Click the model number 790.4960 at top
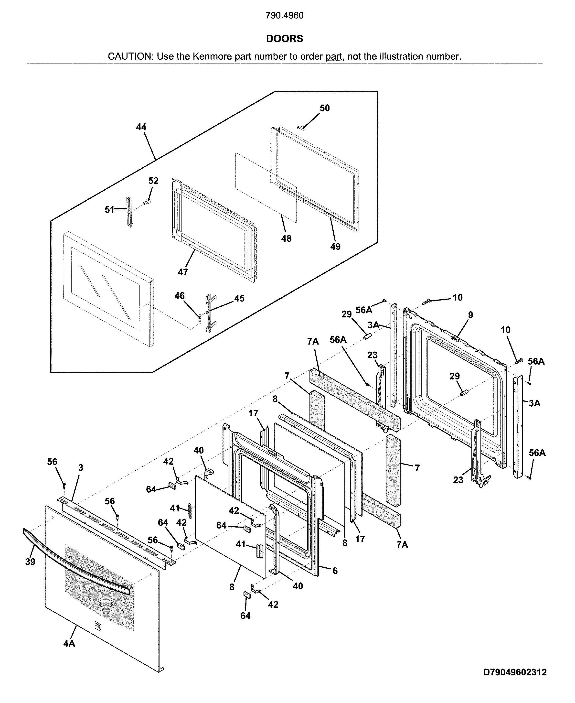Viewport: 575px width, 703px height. pyautogui.click(x=285, y=16)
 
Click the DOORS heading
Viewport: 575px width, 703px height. pyautogui.click(x=285, y=39)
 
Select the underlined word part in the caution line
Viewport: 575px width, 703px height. pyautogui.click(x=333, y=56)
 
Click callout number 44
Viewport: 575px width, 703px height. pyautogui.click(x=141, y=127)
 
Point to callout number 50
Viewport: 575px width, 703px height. pyautogui.click(x=325, y=108)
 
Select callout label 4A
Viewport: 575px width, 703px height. pyautogui.click(x=69, y=643)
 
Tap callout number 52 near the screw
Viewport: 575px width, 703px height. pyautogui.click(x=153, y=181)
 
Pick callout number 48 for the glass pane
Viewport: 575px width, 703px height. pyautogui.click(x=286, y=238)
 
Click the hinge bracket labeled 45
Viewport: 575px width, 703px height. pyautogui.click(x=209, y=313)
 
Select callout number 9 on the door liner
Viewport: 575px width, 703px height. pyautogui.click(x=471, y=315)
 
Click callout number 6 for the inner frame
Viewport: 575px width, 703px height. pyautogui.click(x=335, y=571)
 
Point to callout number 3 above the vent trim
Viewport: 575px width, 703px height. pyautogui.click(x=81, y=467)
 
